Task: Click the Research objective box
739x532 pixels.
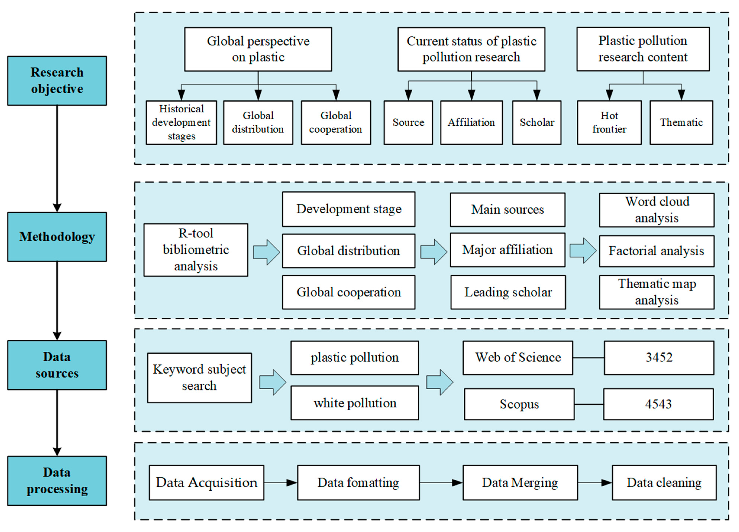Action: click(57, 81)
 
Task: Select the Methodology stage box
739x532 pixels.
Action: click(57, 237)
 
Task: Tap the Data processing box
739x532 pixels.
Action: click(57, 481)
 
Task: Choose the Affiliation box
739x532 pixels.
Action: click(471, 122)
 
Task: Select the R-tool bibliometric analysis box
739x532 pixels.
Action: click(196, 250)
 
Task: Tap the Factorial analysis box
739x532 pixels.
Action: click(656, 251)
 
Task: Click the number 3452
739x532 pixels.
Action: click(659, 357)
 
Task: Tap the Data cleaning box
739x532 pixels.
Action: click(664, 482)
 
